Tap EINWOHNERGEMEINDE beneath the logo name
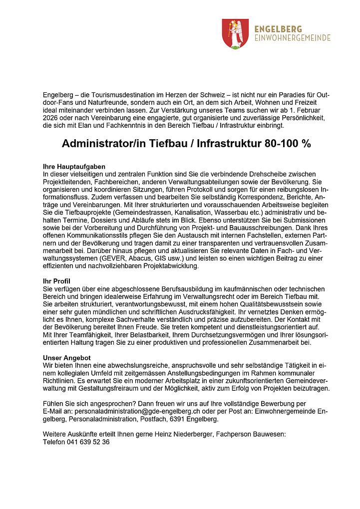point(292,38)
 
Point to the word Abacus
point(144,258)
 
